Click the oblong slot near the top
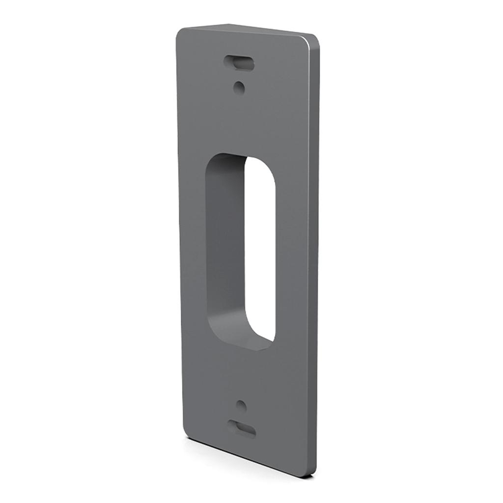[x=239, y=63]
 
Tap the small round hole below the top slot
[x=239, y=88]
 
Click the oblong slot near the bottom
[x=241, y=428]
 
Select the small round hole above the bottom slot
[x=241, y=406]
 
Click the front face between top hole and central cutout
[x=241, y=123]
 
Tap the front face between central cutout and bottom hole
[x=241, y=373]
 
